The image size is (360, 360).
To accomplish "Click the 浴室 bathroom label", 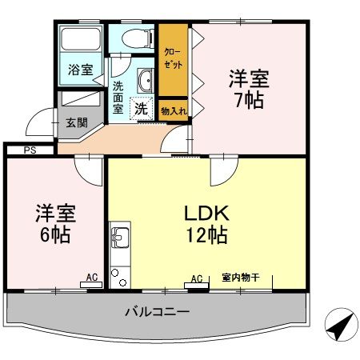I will coord(80,70).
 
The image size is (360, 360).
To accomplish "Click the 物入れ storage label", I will coord(174,110).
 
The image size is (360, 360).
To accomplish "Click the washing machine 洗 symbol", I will coord(141,108).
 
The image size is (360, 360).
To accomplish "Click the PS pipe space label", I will coord(29,150).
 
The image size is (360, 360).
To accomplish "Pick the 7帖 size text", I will coord(249,102).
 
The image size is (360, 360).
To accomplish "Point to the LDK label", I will coord(207,214).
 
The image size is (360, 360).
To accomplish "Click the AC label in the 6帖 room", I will coord(92,277).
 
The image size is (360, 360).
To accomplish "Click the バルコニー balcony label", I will coord(157,310).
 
